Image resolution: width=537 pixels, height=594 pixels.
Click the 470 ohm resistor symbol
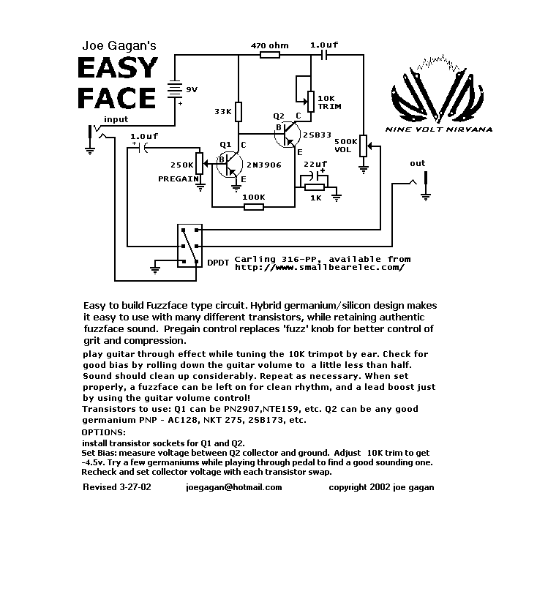coord(270,55)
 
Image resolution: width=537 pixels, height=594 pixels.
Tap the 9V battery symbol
coord(175,89)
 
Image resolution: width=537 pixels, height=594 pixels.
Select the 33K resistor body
coord(239,111)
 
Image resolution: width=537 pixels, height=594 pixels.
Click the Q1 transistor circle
coord(230,165)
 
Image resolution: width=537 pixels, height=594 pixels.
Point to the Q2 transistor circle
coord(288,135)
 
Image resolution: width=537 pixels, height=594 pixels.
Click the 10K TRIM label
coord(329,102)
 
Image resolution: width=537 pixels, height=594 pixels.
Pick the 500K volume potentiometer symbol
coord(364,146)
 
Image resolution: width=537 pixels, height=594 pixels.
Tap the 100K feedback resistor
coord(254,207)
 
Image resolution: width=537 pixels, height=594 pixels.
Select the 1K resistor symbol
coord(315,187)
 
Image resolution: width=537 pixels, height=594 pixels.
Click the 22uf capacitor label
coord(315,164)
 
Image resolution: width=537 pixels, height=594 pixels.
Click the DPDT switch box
coord(190,246)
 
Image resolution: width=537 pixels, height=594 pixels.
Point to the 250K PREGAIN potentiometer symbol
coord(200,163)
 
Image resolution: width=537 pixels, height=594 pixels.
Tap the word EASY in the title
coord(118,68)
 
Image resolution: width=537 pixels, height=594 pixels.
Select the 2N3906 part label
coord(264,165)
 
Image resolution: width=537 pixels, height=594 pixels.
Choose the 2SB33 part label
coord(317,135)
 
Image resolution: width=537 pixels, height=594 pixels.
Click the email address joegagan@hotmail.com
coord(234,487)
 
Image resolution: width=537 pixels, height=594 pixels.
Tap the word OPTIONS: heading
coord(103,432)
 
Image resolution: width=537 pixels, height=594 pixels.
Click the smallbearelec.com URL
coord(320,268)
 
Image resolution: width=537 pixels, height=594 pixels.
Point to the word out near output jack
coord(418,163)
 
